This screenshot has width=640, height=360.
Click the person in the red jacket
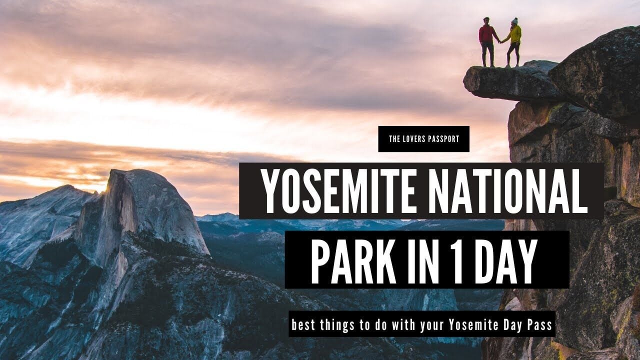coord(487,42)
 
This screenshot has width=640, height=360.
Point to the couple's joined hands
coord(500,41)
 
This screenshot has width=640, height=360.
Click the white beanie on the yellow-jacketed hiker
coord(514,21)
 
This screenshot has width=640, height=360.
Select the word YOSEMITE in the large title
coord(338,191)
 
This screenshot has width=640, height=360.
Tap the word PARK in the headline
coord(353,261)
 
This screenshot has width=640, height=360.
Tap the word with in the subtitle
coord(403,325)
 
